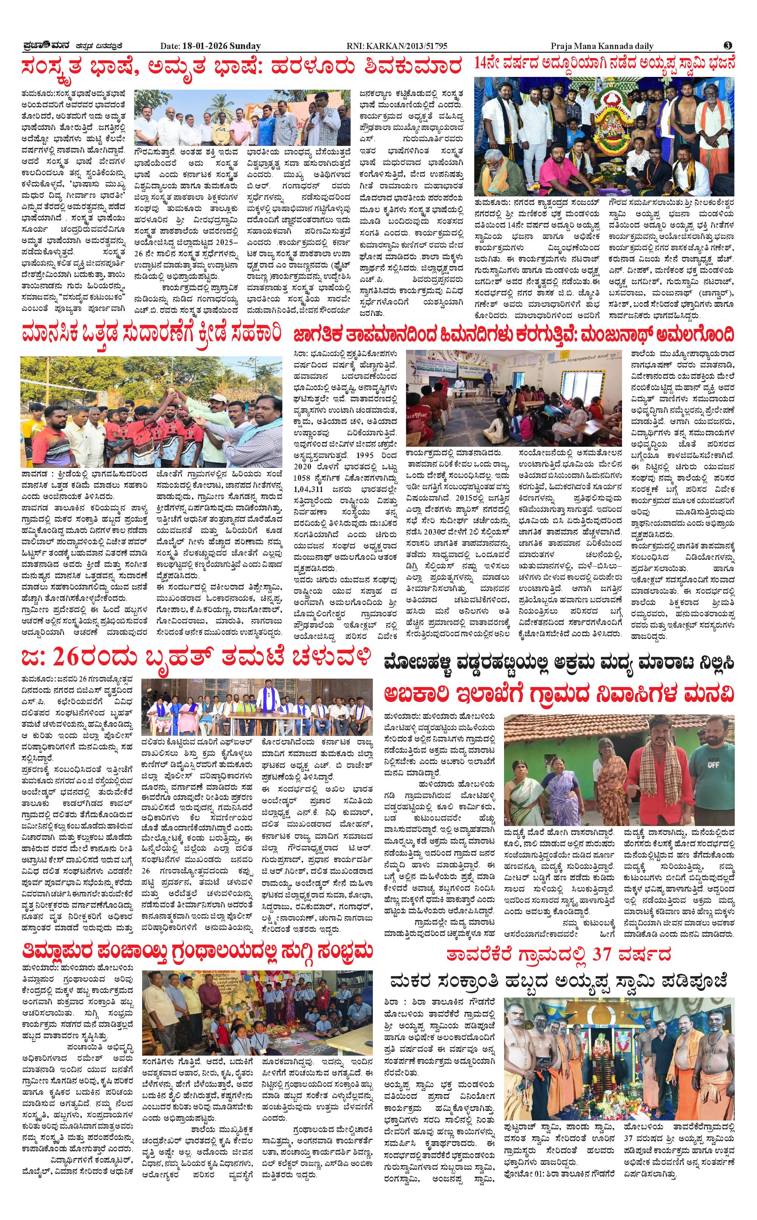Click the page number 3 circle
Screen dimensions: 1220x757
[x=729, y=46]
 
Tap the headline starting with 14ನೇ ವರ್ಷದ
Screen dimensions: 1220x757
[x=604, y=64]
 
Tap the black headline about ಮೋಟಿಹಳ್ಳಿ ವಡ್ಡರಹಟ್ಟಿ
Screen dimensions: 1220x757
[x=558, y=663]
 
